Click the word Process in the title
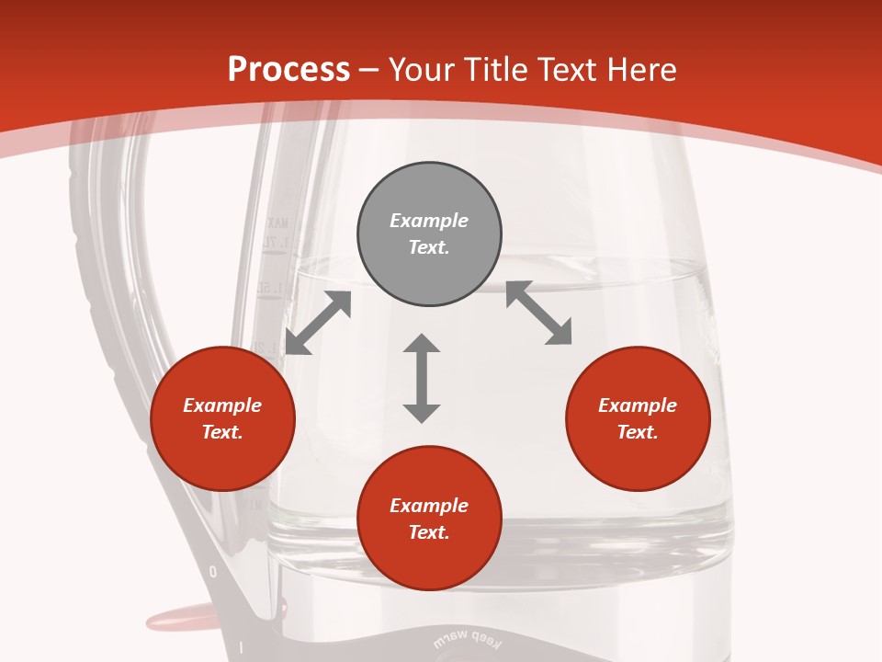click(288, 70)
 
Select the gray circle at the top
click(429, 234)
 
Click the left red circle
click(222, 419)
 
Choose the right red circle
click(638, 419)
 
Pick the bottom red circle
click(429, 519)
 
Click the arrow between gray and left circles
click(318, 323)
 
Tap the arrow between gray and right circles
click(539, 313)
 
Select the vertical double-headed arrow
click(422, 378)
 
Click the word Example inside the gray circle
click(429, 221)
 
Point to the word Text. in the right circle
click(638, 432)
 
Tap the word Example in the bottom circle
click(429, 506)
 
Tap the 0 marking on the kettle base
click(213, 572)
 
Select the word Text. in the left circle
click(222, 432)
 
